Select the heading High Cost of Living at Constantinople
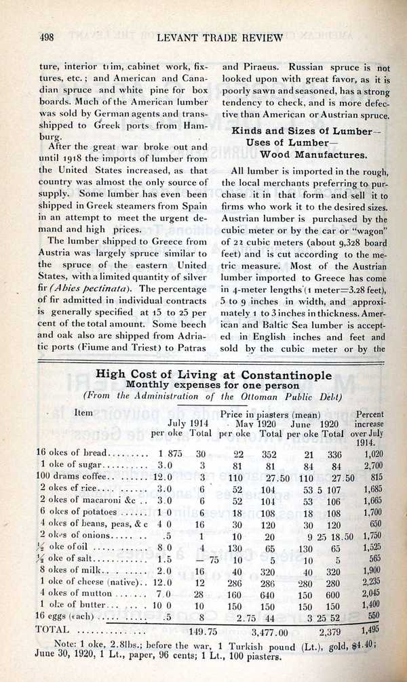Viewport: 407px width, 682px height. click(214, 374)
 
